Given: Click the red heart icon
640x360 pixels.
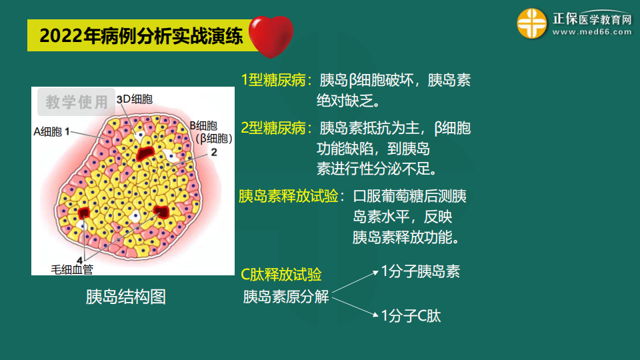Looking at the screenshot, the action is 271,37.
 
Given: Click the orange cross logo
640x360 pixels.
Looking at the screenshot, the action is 531,24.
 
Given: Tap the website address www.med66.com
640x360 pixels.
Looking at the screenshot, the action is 592,32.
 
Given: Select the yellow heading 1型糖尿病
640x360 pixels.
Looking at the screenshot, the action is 273,80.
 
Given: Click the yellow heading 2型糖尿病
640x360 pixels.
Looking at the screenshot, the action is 273,128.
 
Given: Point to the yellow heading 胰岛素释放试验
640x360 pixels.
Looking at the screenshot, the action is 288,196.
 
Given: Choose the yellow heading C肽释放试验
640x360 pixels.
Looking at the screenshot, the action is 281,275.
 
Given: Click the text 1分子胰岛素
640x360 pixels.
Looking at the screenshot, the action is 421,271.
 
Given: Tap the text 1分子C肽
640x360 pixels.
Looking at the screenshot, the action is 411,316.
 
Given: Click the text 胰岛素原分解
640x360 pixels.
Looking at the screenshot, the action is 286,297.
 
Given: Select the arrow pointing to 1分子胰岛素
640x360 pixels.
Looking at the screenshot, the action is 355,281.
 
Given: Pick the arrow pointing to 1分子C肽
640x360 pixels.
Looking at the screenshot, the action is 355,307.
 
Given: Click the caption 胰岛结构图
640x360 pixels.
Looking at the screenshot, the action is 126,297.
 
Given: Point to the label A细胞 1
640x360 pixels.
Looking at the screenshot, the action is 52,132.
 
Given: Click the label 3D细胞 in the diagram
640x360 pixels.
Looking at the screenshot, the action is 135,99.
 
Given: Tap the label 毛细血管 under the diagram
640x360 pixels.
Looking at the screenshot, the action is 72,269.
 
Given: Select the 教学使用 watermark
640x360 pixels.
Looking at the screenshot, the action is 76,102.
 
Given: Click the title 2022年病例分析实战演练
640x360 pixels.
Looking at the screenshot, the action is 141,36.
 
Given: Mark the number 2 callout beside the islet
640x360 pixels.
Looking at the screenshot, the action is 214,152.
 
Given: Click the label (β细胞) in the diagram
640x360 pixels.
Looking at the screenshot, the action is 214,139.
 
